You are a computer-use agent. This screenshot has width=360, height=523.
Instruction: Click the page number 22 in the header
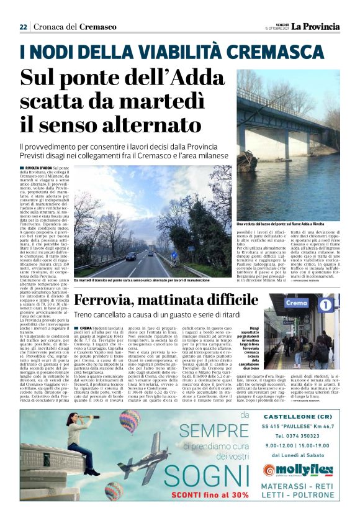pos(23,27)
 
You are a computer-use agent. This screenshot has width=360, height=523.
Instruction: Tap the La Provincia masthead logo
pos(317,26)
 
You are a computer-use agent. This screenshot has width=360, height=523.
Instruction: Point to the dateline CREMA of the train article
pos(86,327)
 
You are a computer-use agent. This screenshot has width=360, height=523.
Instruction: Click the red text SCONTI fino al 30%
pos(193,494)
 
